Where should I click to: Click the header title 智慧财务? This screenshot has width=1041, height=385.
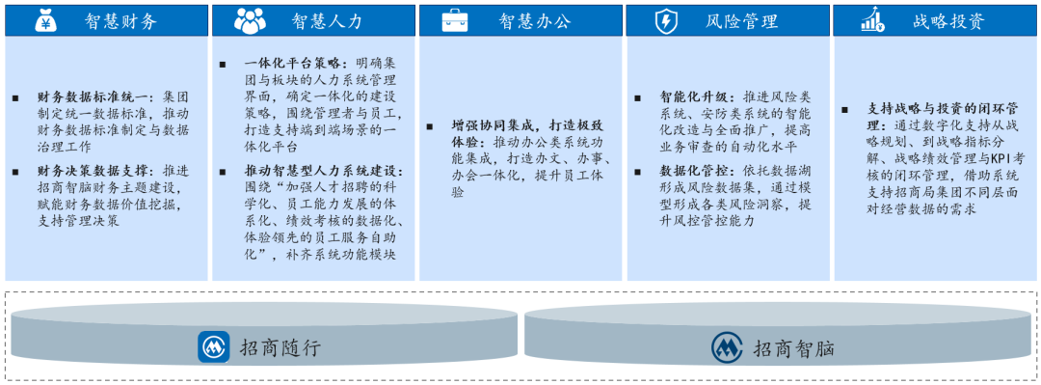120,20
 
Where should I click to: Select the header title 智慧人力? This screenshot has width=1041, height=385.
328,20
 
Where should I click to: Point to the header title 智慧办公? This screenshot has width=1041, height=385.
535,20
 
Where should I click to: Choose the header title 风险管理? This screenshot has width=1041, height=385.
742,20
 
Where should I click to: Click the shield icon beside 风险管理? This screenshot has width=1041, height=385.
665,20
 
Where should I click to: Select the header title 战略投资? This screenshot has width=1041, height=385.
949,20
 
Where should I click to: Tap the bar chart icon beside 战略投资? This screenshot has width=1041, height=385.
873,20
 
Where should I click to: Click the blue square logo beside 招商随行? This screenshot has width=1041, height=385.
213,346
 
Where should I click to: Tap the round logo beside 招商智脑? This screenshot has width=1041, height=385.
728,346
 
